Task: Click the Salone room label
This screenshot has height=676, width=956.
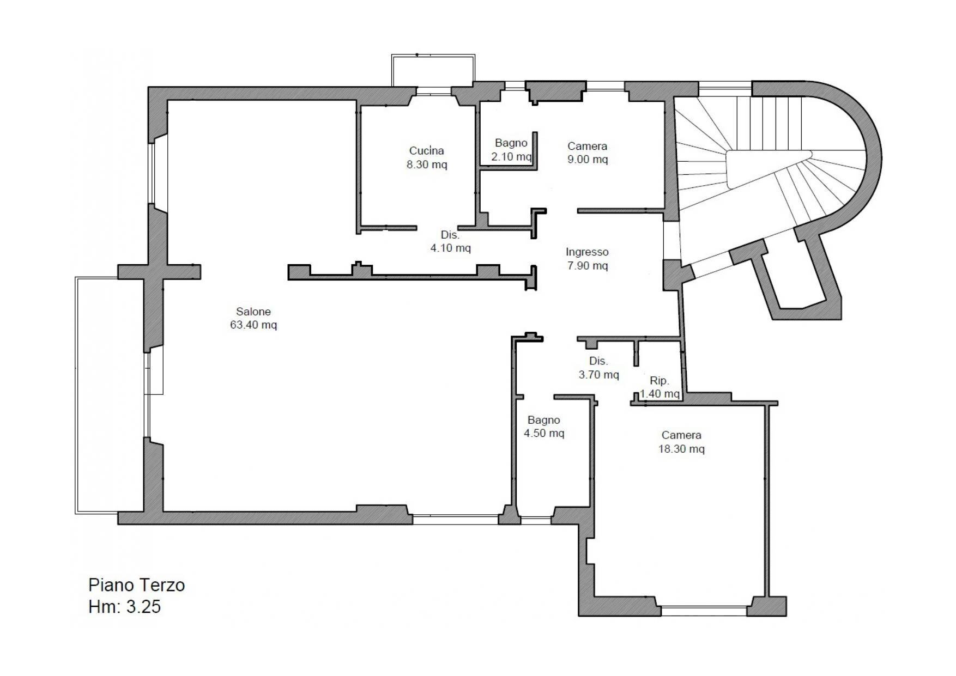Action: click(253, 312)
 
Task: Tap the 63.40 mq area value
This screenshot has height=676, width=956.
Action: click(253, 325)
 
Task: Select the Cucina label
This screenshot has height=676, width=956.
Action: click(426, 151)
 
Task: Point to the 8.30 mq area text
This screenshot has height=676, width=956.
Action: click(426, 165)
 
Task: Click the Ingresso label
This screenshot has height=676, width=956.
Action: click(587, 252)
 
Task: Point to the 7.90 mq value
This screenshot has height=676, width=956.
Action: click(587, 266)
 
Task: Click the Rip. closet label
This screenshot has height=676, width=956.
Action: click(659, 381)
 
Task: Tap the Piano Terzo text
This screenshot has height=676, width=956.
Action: click(136, 585)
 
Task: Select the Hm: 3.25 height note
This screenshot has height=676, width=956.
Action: click(124, 607)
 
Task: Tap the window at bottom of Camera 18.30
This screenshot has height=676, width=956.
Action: click(704, 612)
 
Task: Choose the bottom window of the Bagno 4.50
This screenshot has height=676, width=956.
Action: click(536, 521)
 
